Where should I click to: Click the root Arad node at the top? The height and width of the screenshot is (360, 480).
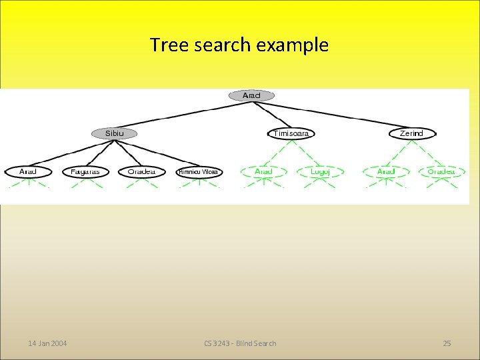click(x=251, y=95)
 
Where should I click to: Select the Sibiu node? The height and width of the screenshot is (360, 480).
click(x=114, y=133)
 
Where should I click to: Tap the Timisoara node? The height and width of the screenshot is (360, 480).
click(x=291, y=133)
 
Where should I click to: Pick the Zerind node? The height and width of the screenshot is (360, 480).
click(x=411, y=133)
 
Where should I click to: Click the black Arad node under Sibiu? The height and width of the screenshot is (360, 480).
click(x=28, y=171)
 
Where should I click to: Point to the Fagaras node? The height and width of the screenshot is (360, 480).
click(x=85, y=171)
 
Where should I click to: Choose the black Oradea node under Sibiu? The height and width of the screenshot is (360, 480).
click(x=142, y=171)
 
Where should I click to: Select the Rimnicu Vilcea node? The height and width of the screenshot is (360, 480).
click(x=199, y=171)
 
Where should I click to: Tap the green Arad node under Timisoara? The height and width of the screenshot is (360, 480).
click(x=264, y=171)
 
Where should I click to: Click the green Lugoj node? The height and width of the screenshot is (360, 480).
click(x=319, y=171)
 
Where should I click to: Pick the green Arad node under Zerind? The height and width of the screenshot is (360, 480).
click(x=386, y=171)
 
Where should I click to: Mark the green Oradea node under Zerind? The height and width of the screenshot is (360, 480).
click(x=441, y=171)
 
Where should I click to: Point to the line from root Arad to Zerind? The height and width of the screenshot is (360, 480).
click(x=333, y=115)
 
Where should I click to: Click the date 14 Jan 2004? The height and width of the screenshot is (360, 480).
click(x=47, y=343)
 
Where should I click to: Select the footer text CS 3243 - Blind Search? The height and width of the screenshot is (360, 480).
click(x=240, y=343)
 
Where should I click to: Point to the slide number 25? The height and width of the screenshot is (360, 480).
click(x=447, y=343)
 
